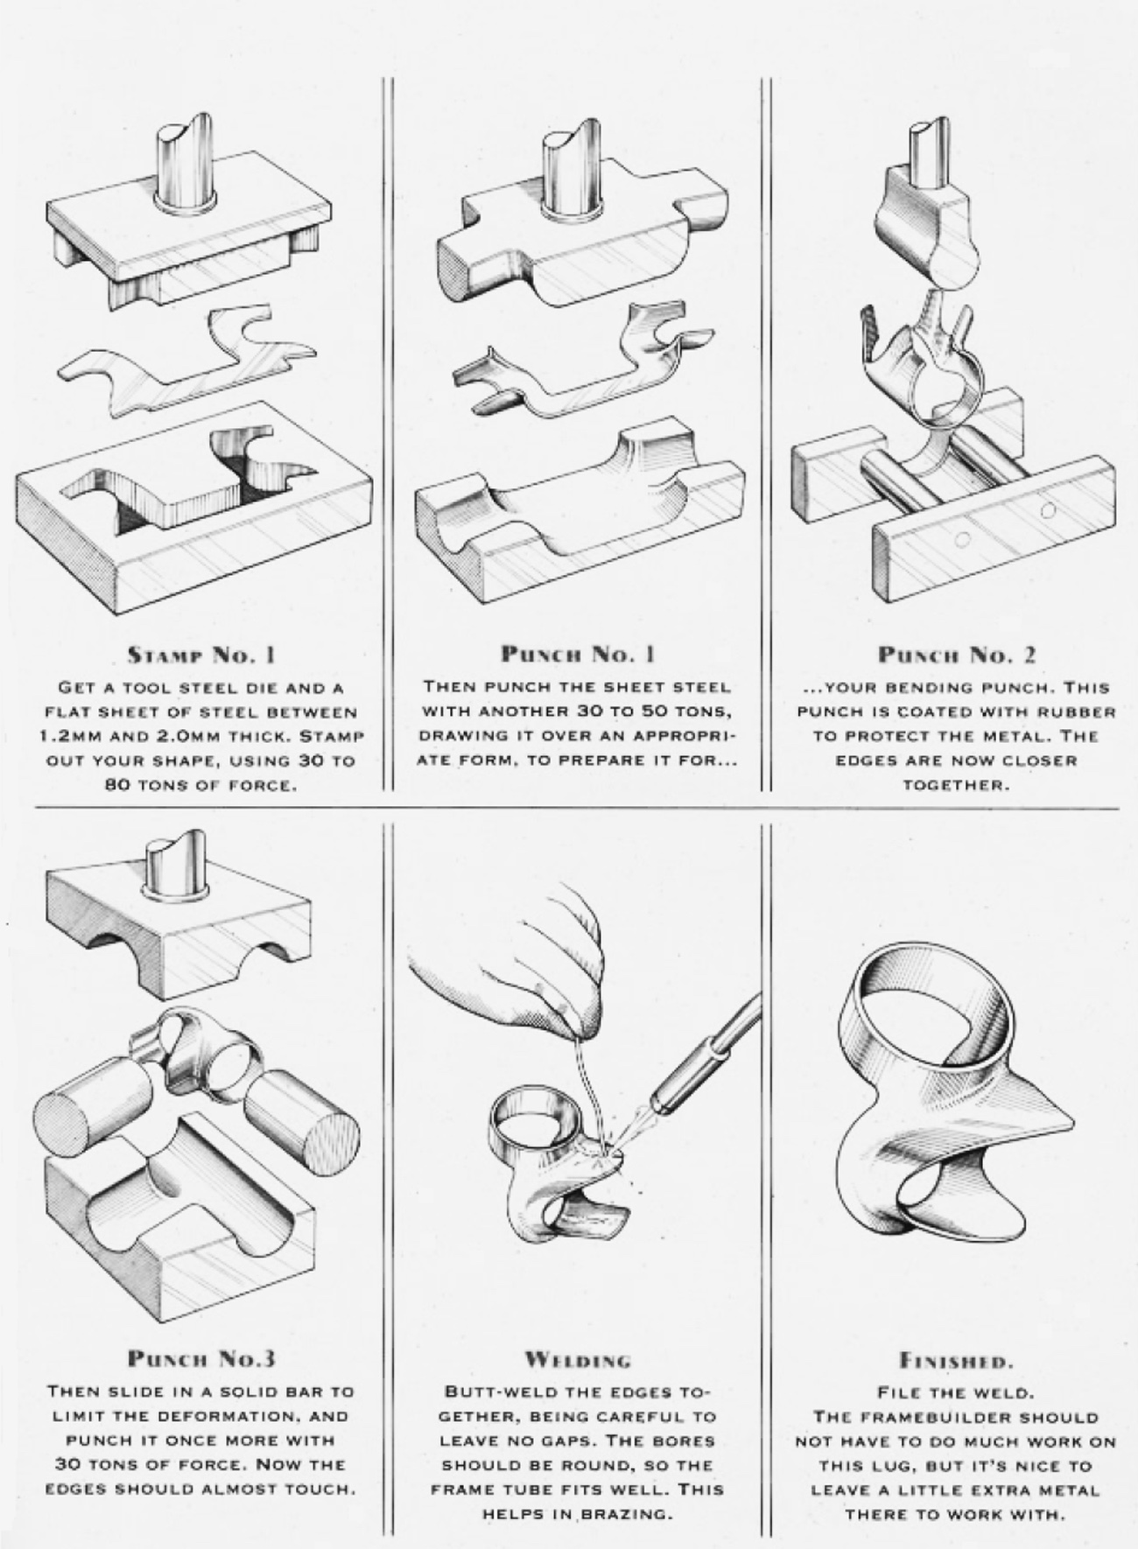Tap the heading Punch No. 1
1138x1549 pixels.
(x=579, y=654)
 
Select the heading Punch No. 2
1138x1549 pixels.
(x=957, y=654)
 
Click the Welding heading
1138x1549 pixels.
(x=578, y=1360)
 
